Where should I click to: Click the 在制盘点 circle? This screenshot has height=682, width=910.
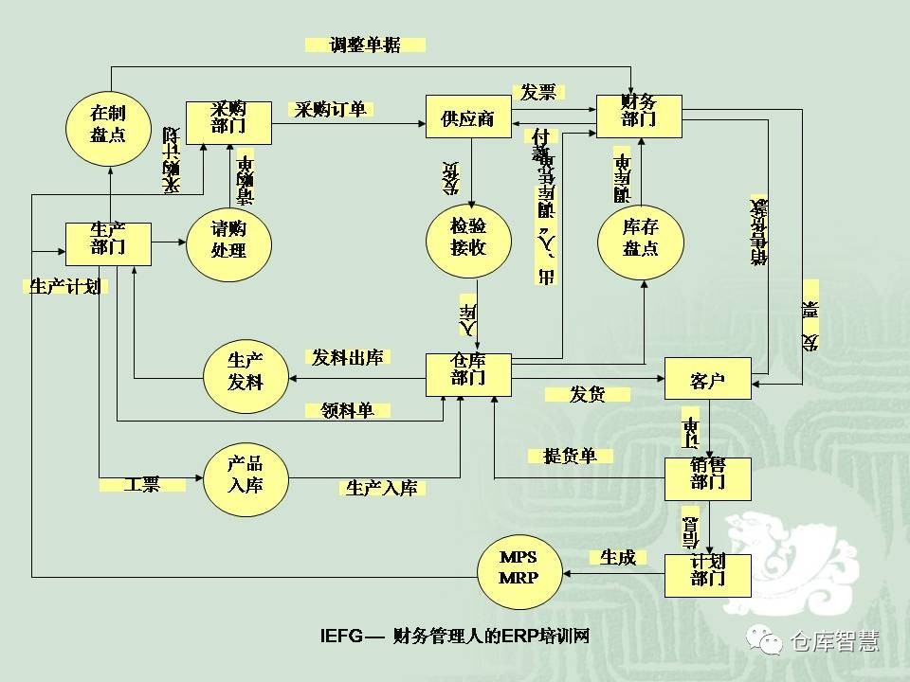tap(108, 124)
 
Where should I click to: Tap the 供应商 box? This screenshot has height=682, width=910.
tap(468, 119)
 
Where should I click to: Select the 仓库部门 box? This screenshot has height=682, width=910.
tap(468, 374)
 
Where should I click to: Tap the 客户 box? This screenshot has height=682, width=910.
tap(707, 380)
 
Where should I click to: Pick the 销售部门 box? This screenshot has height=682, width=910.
tap(707, 479)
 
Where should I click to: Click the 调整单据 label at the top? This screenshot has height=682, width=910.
tap(365, 45)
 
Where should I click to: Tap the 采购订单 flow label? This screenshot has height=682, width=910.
tap(331, 109)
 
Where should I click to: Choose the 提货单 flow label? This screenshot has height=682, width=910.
tap(571, 457)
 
